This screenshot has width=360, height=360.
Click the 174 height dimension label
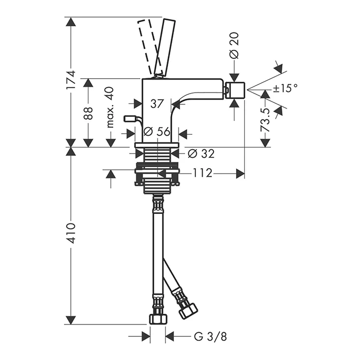71,80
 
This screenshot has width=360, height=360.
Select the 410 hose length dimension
71,233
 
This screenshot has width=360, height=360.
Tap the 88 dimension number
88,113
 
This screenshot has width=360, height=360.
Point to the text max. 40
110,107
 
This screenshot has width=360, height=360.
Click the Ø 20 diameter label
234,45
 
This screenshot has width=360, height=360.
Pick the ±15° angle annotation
285,88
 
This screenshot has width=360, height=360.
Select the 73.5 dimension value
266,120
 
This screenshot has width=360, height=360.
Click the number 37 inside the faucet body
157,103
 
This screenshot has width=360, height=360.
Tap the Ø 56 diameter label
157,132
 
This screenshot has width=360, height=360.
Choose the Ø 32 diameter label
201,153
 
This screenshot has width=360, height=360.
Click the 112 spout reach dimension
202,173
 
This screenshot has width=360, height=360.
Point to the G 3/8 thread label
210,337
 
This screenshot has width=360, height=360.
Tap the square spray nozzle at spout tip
236,90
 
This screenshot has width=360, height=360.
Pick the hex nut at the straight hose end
158,319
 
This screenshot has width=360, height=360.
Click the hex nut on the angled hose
188,311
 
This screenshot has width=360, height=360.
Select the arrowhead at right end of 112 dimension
240,174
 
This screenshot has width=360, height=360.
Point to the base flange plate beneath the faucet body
157,145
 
